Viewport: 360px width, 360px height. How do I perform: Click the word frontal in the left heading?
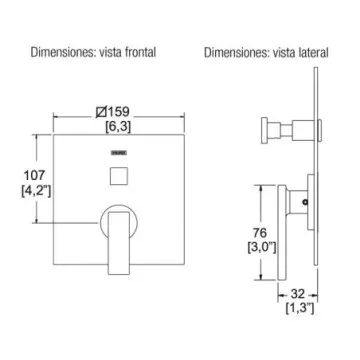[140, 52]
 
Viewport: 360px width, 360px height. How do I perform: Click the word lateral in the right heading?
[314, 52]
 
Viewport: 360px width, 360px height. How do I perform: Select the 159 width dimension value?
[118, 112]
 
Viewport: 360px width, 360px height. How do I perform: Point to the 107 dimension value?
[34, 175]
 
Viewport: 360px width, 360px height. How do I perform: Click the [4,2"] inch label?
[36, 192]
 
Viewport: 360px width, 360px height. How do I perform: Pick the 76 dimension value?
[260, 232]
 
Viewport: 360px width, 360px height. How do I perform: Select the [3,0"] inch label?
[262, 248]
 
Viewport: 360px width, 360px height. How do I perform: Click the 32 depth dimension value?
[298, 294]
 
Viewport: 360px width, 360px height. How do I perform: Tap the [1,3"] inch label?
[300, 309]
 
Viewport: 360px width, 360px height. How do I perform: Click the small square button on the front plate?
[119, 176]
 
